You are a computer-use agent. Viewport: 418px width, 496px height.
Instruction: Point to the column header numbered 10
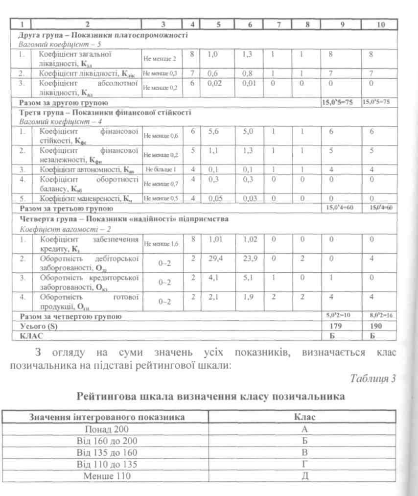point(379,24)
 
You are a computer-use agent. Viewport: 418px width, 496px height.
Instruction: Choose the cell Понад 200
point(107,429)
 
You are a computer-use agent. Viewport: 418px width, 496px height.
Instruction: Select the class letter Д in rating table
point(304,476)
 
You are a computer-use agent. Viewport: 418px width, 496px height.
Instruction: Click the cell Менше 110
point(107,476)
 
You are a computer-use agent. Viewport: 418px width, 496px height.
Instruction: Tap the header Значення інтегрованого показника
point(107,417)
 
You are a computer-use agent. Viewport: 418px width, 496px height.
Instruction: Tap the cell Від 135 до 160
point(107,452)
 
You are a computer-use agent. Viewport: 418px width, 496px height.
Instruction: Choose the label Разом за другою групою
point(63,103)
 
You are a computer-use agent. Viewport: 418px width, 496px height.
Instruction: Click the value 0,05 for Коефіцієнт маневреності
point(213,198)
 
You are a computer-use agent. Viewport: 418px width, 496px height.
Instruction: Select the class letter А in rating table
point(304,429)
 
